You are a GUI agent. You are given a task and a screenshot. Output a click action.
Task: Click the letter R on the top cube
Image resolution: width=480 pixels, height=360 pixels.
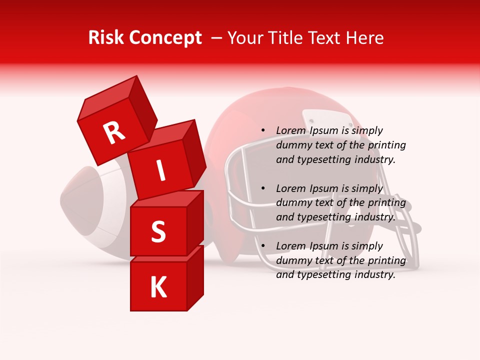[114, 133]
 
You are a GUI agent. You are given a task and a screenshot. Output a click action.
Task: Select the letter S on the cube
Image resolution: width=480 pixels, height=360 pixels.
[158, 231]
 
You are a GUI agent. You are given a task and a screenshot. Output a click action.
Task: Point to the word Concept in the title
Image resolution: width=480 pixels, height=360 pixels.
[165, 38]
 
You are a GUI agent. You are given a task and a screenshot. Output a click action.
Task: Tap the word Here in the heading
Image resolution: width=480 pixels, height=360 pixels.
[364, 38]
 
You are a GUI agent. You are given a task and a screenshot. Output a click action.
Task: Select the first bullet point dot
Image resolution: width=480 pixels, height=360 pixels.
[263, 130]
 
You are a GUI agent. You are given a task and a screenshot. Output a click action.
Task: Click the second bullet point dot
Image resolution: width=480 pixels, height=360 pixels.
[263, 188]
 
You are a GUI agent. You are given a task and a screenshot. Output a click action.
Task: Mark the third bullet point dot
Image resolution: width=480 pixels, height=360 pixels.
[263, 246]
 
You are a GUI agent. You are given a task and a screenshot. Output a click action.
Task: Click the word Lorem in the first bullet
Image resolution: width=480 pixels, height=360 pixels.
[290, 130]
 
